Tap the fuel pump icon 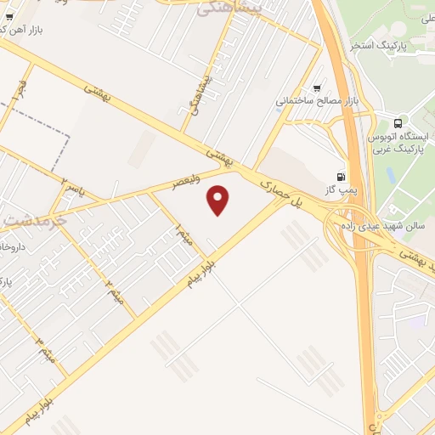click(341, 177)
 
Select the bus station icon click(398, 122)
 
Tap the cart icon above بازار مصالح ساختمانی click(318, 88)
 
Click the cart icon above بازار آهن click(8, 16)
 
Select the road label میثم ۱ click(183, 234)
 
